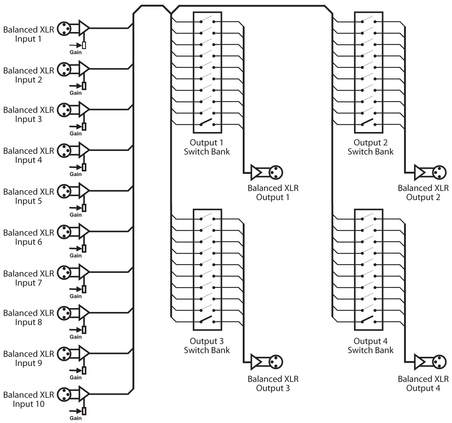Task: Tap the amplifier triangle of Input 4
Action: [x=84, y=150]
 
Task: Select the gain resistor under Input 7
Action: [x=84, y=289]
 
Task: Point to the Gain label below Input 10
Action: [x=76, y=418]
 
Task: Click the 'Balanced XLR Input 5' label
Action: [x=28, y=196]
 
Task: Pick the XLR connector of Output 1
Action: [x=276, y=172]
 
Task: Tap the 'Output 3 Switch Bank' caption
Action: [x=207, y=346]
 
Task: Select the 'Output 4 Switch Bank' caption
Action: [x=370, y=346]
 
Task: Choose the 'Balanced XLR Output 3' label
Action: [x=273, y=383]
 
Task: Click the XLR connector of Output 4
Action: [x=439, y=362]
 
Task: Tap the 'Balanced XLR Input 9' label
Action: [x=28, y=358]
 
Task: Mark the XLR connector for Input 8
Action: [x=64, y=312]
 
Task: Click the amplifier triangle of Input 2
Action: [x=84, y=68]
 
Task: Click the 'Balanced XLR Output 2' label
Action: [x=423, y=193]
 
